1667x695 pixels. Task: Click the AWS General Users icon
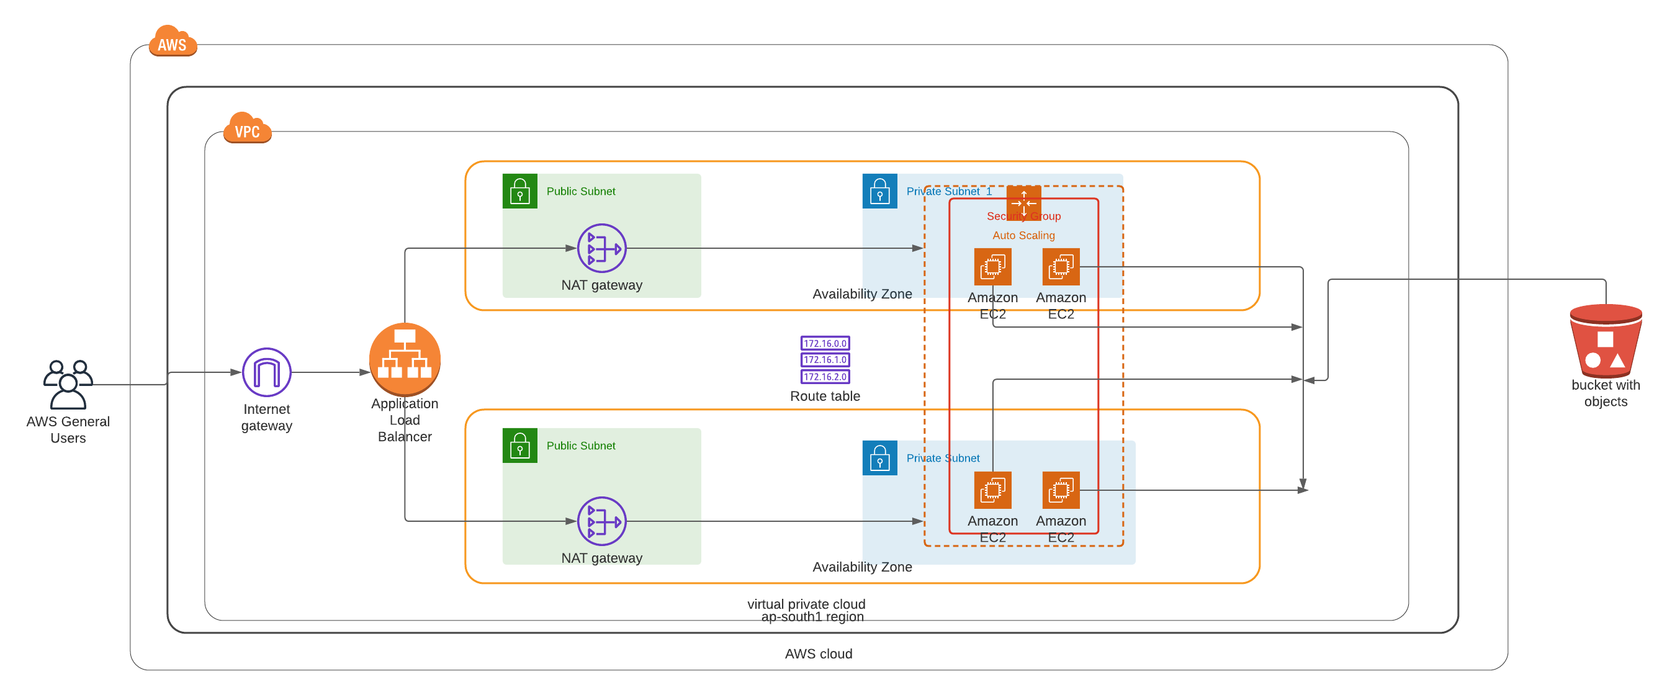68,384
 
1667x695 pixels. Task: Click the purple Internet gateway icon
267,372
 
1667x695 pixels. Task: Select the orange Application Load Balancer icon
405,359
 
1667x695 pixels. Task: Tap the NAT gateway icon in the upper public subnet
601,248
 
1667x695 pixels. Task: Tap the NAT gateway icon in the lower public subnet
601,521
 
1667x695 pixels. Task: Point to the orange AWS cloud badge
172,42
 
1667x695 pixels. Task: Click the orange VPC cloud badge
247,129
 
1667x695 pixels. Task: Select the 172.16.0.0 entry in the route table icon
825,343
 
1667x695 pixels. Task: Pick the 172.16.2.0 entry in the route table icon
825,377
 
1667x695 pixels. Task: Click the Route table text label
825,396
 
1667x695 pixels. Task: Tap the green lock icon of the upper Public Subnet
519,191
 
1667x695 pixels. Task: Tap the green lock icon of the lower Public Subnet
519,445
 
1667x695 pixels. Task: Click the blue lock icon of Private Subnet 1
879,191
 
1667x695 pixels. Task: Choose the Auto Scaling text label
1023,236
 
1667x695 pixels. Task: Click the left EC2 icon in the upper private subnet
992,267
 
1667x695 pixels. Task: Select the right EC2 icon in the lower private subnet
1061,490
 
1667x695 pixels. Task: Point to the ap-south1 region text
812,617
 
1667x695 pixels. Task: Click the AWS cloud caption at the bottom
819,653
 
